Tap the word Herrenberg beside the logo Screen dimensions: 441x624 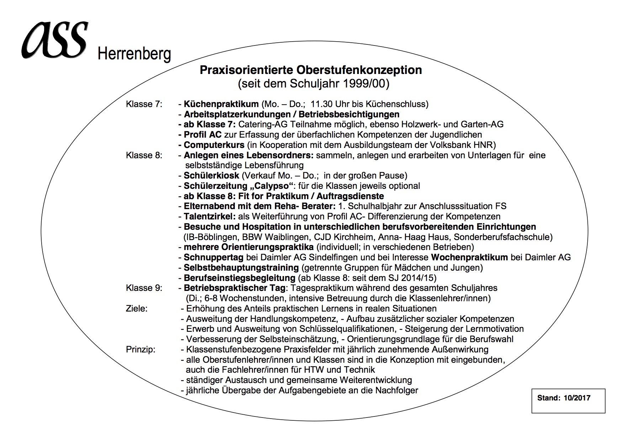(134, 54)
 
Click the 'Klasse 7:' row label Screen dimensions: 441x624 (144, 104)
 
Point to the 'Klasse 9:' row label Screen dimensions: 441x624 (144, 288)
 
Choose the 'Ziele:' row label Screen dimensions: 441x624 (136, 308)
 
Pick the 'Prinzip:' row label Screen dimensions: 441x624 (141, 349)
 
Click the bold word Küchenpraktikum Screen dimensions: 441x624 (221, 104)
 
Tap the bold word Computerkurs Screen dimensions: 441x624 (214, 145)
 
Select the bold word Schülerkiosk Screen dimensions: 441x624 (211, 176)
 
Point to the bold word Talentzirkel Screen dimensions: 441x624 (210, 217)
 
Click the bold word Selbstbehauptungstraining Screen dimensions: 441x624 (241, 267)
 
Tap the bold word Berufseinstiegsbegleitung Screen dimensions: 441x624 (239, 278)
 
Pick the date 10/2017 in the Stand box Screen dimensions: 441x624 (577, 398)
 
